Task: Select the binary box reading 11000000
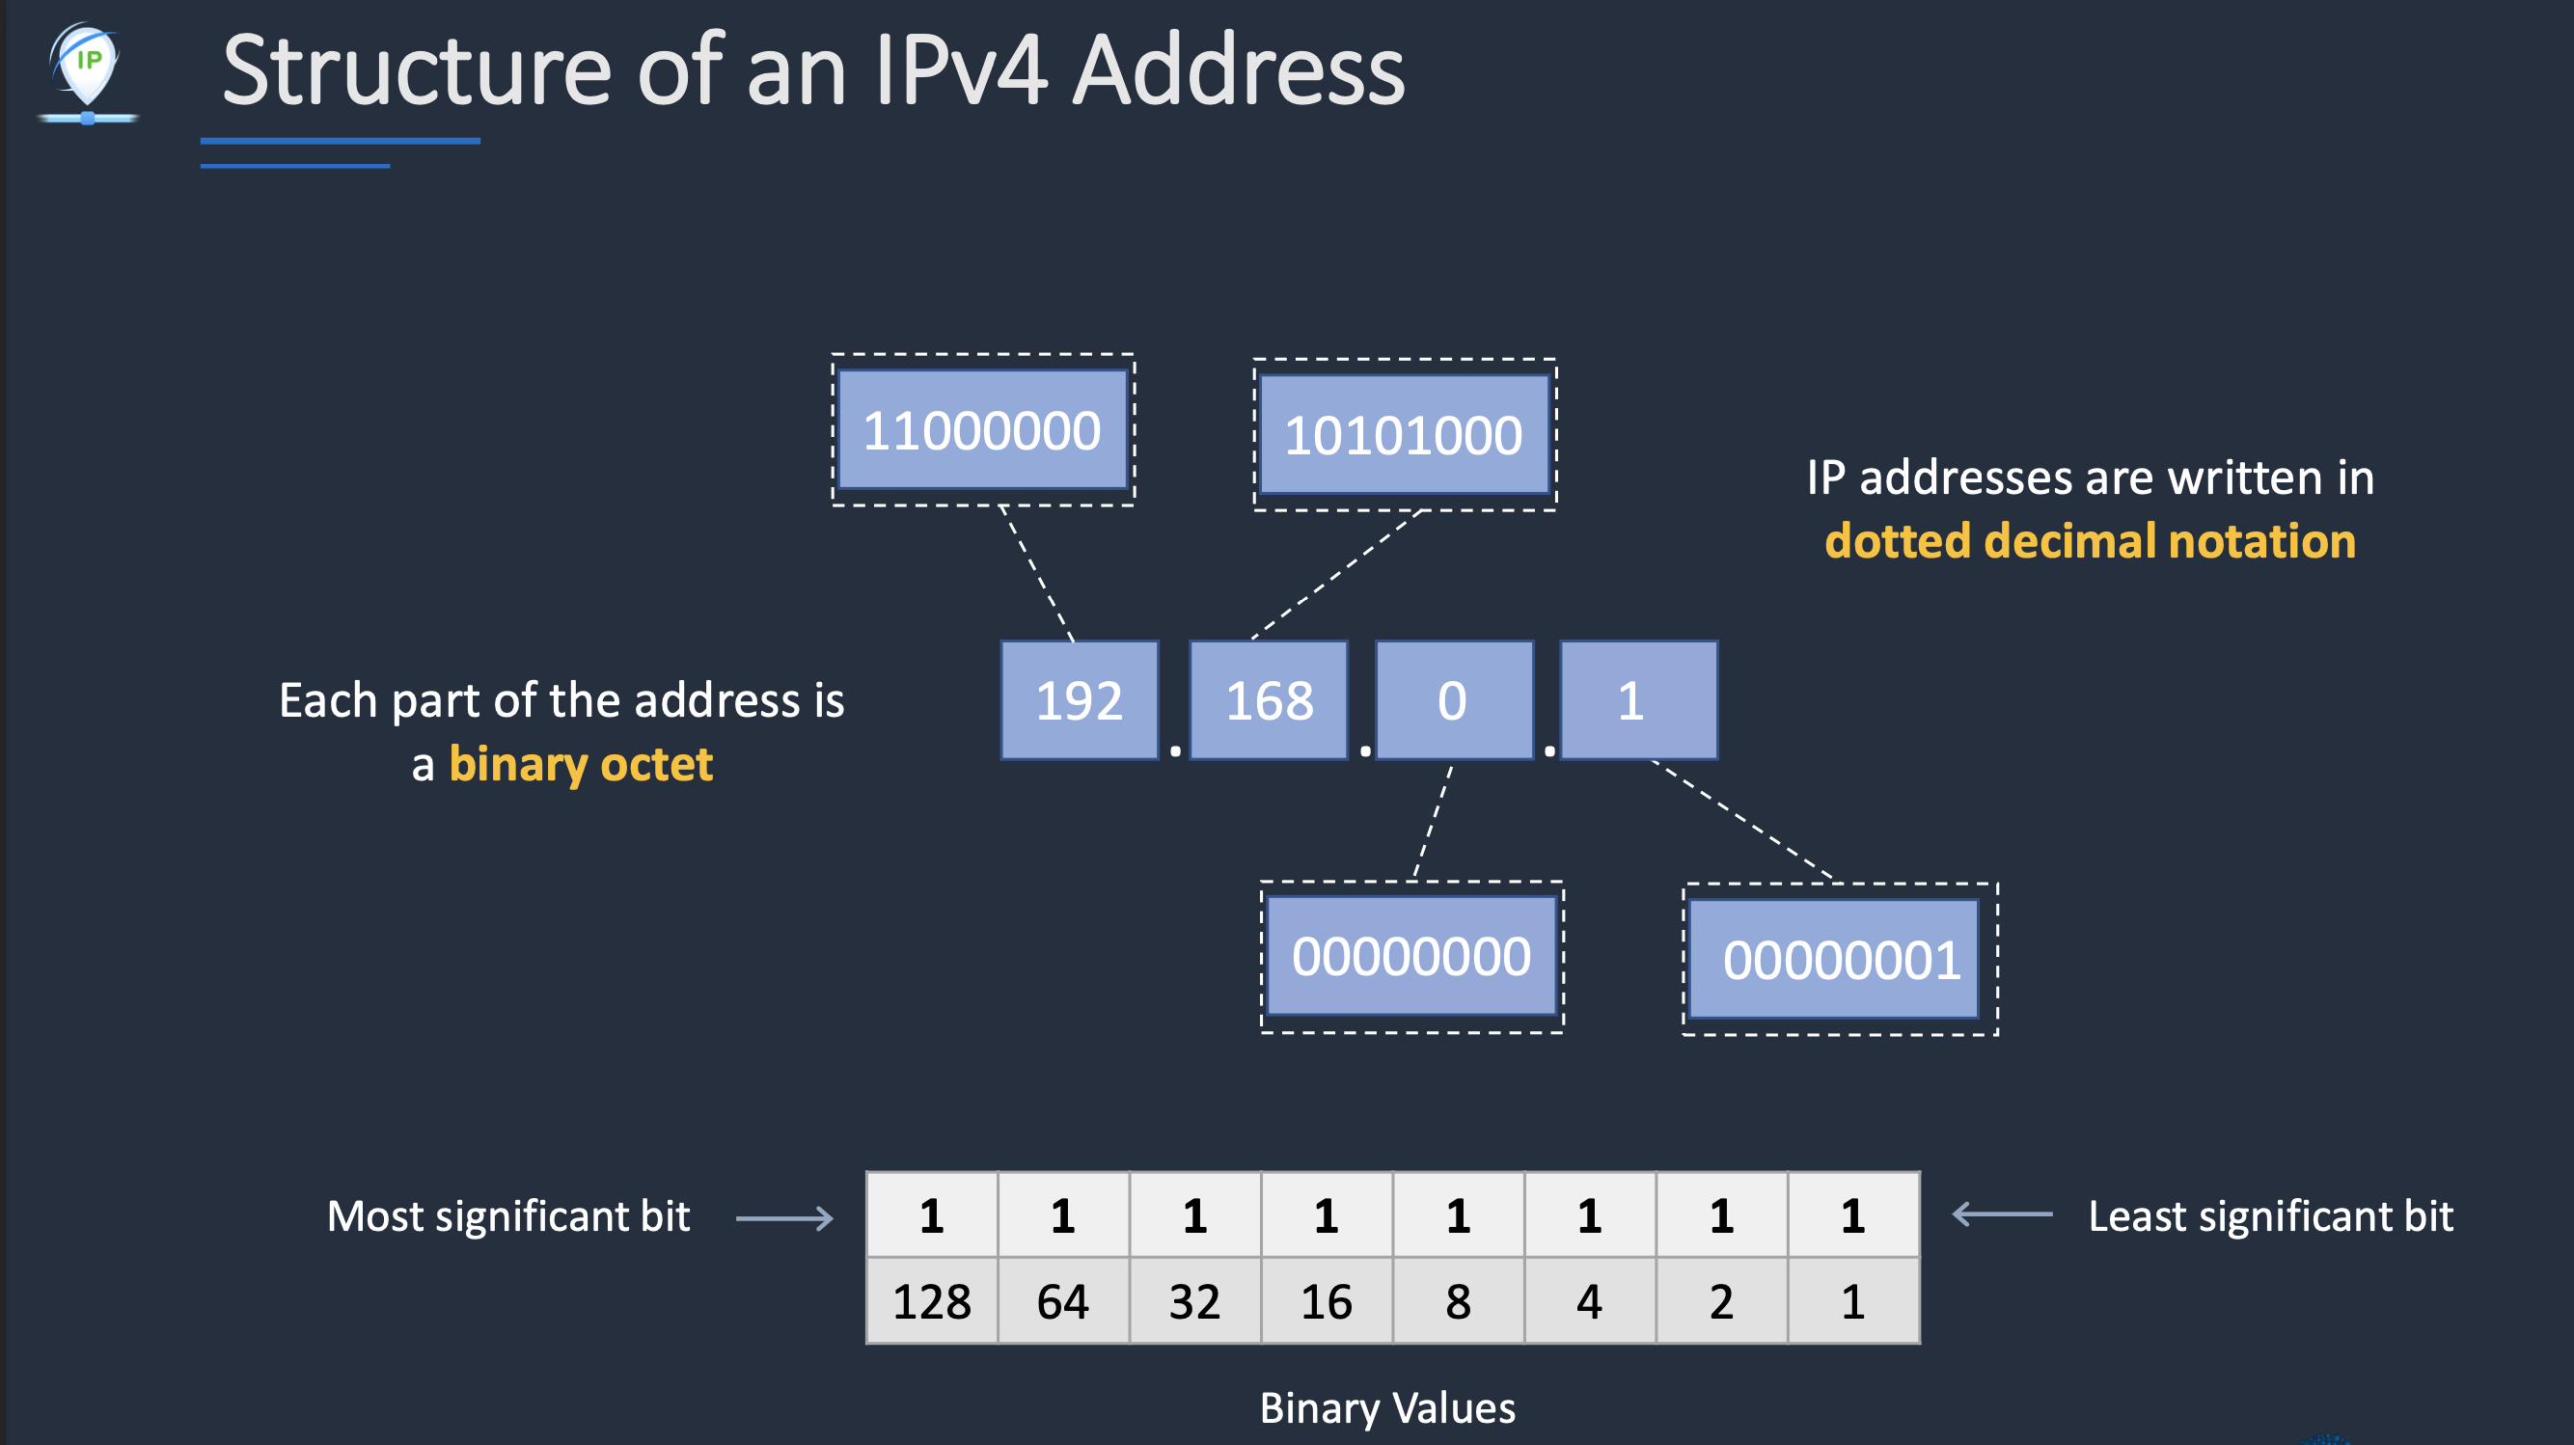pos(982,429)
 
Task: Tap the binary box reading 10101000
pos(1404,435)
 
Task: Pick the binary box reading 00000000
pos(1410,956)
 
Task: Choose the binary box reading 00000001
pos(1841,960)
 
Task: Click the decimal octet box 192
pos(1080,700)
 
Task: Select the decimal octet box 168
pos(1269,700)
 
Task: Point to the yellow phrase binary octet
pos(581,765)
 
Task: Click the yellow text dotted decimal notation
pos(2091,541)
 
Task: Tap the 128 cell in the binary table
pos(931,1301)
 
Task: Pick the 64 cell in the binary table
pos(1062,1301)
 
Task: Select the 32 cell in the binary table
pos(1195,1301)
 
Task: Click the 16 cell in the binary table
pos(1326,1301)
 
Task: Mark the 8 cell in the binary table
pos(1458,1301)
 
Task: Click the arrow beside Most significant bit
pos(784,1218)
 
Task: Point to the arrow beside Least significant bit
pos(2002,1215)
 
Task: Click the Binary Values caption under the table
pos(1387,1408)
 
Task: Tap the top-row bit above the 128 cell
pos(931,1215)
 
